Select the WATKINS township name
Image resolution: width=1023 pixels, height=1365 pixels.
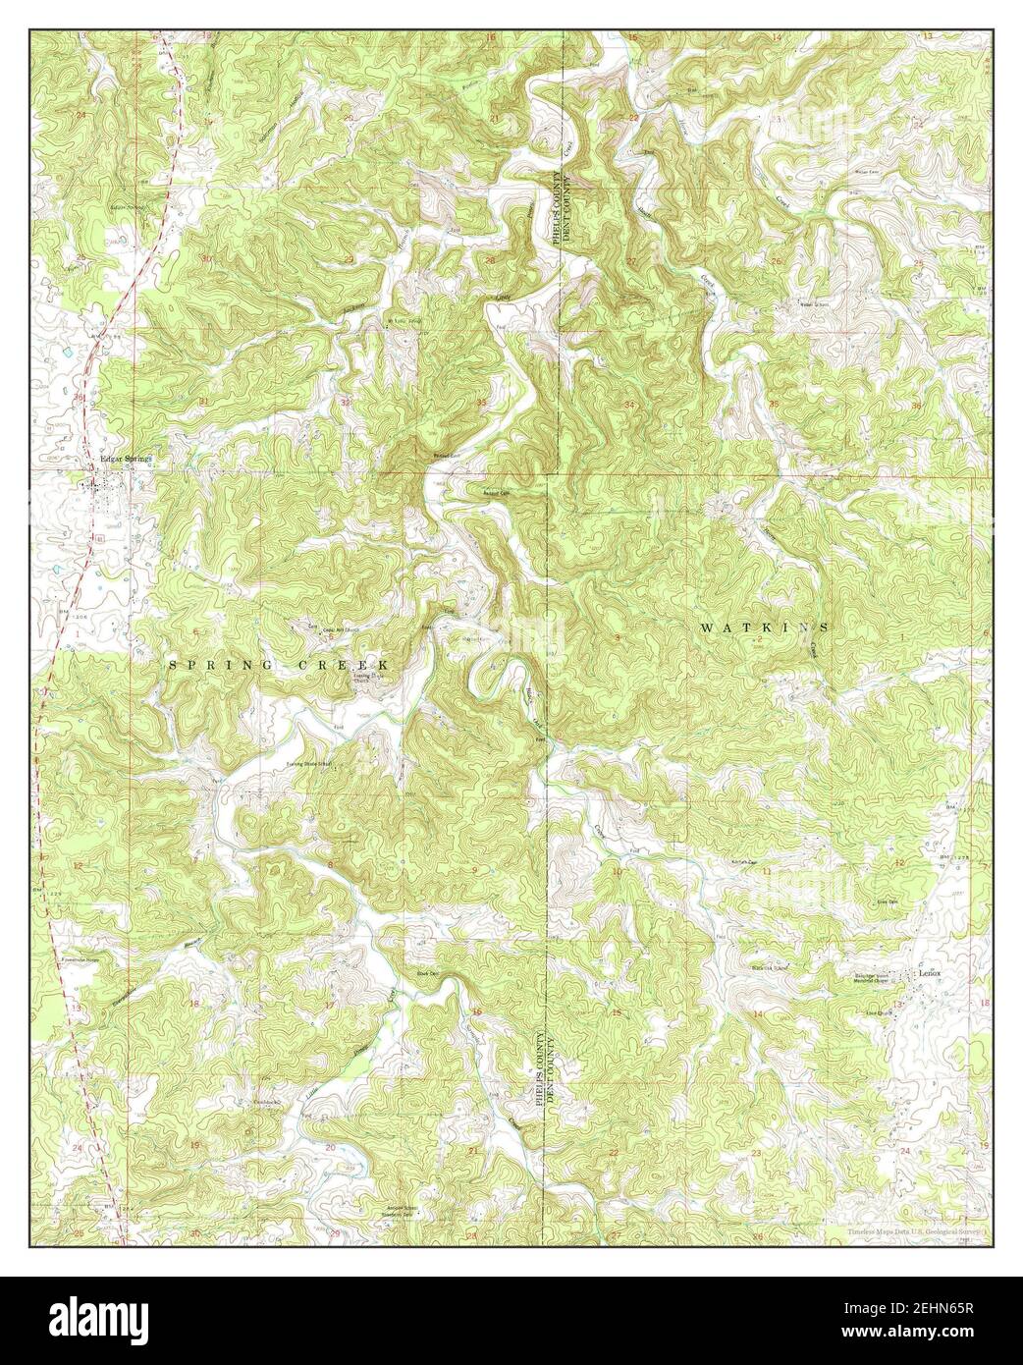tap(763, 627)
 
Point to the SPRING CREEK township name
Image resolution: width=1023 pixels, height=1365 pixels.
tap(280, 665)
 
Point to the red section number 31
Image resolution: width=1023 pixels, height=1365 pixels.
tap(203, 402)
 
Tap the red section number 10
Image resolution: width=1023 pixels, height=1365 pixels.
tap(617, 871)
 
